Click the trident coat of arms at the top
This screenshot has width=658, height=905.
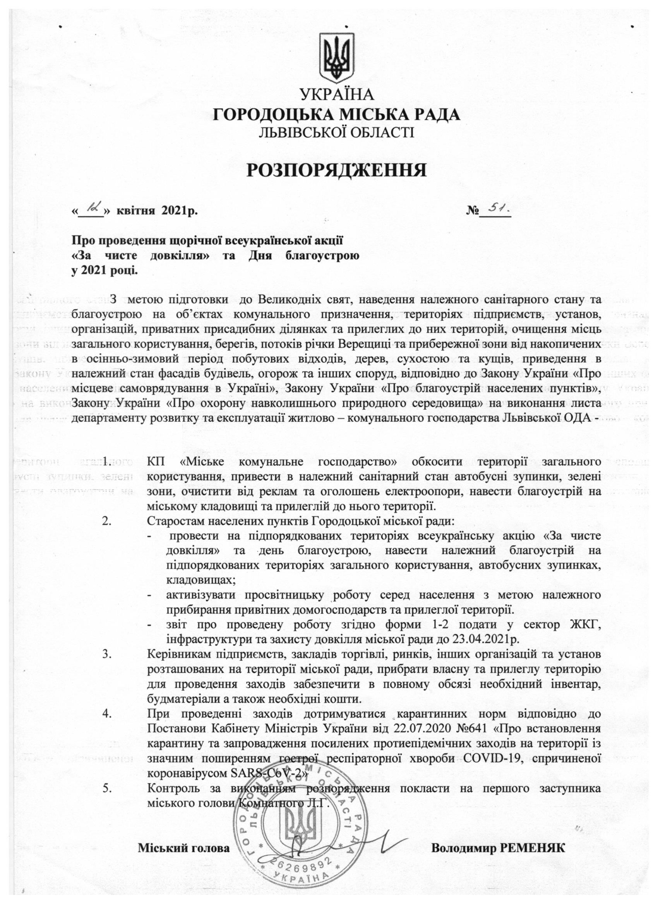337,58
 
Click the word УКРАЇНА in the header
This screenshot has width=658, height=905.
337,95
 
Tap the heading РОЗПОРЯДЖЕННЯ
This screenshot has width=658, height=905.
337,171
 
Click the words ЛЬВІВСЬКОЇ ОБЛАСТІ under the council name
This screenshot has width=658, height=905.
337,132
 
